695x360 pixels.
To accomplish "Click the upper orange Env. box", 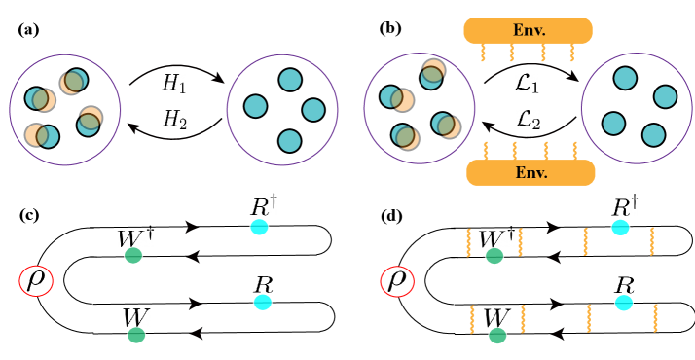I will pos(528,30).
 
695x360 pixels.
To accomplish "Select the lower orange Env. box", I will pos(530,173).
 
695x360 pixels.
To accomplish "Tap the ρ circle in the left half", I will pos(36,281).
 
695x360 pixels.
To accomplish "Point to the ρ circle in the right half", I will pos(396,281).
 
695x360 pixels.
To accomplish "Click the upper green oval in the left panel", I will pos(133,255).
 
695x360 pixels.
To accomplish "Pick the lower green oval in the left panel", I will pos(136,335).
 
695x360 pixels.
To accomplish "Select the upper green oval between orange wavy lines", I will pos(494,256).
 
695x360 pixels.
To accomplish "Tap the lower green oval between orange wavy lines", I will pos(497,336).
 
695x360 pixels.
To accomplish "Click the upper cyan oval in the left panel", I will pos(259,227).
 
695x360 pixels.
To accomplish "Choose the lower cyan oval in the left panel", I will pos(262,303).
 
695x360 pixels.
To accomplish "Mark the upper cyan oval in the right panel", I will pos(620,227).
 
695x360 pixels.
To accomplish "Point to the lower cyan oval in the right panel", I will pos(623,303).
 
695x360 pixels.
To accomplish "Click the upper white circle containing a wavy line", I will pos(662,239).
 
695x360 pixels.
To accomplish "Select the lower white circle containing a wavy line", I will pos(664,317).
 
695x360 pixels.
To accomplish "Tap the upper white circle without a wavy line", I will pos(300,239).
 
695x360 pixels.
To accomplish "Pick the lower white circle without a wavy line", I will pos(303,317).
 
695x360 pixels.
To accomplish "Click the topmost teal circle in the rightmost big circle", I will pos(625,79).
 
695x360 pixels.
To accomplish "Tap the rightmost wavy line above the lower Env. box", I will pos(574,150).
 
